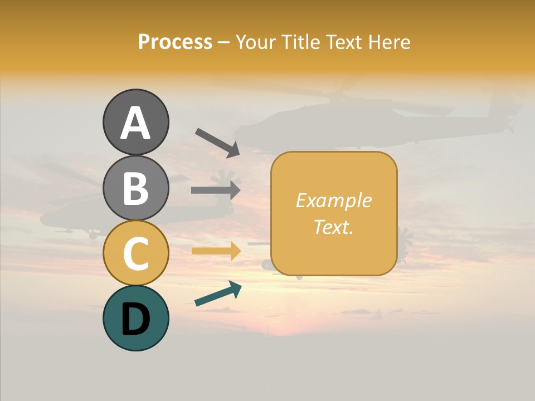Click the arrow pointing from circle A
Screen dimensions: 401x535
[x=217, y=141]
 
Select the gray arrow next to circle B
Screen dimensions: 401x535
[x=216, y=190]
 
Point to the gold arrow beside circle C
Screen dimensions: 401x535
[x=216, y=251]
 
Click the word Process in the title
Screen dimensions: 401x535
[x=175, y=42]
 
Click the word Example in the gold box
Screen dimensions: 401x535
[x=334, y=200]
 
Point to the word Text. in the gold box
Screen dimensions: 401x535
[x=334, y=227]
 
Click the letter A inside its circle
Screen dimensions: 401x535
[x=135, y=124]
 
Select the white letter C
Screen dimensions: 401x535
[x=135, y=254]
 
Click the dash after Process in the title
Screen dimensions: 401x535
[x=223, y=43]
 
